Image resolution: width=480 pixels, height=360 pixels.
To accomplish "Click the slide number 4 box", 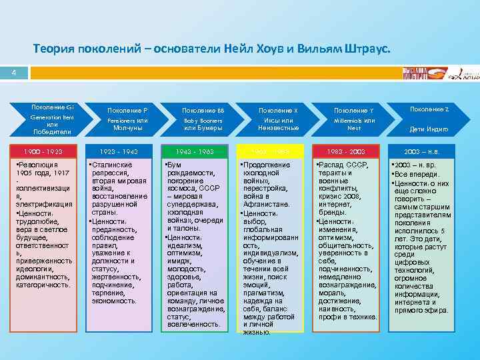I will (14, 73).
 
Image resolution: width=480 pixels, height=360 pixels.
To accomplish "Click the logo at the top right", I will (440, 73).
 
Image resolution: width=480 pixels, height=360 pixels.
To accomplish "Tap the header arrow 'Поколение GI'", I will (54, 118).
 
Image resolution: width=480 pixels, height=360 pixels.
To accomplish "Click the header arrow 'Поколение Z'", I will (429, 118).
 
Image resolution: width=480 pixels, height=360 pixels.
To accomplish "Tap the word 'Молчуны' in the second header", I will (127, 127).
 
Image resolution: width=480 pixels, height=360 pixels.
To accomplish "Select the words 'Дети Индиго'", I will (429, 129).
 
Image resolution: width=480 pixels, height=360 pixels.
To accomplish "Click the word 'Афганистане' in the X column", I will (265, 205).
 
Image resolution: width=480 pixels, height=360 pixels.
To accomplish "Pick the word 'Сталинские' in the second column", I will (113, 164).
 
